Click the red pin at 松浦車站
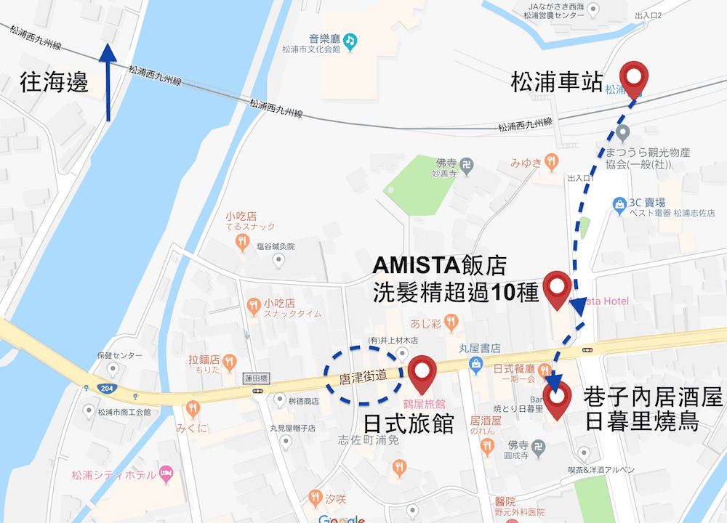(x=635, y=77)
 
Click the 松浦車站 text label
(x=557, y=81)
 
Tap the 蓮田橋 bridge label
(x=257, y=378)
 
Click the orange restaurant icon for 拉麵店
(x=229, y=360)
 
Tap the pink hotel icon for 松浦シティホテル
(x=166, y=474)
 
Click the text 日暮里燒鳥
(x=641, y=421)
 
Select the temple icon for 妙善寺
(x=466, y=166)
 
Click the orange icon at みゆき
(x=552, y=161)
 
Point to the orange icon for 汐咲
(x=315, y=498)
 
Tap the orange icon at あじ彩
(x=452, y=320)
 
